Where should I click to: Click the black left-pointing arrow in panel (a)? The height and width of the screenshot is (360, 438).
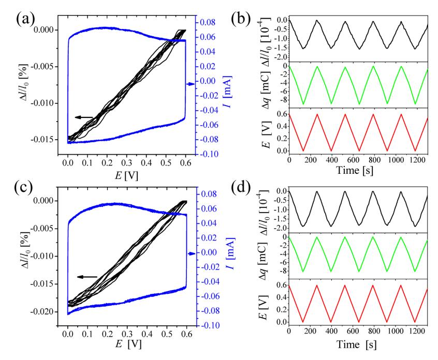(84, 117)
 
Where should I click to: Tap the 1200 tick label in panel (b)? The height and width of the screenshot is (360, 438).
(412, 160)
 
